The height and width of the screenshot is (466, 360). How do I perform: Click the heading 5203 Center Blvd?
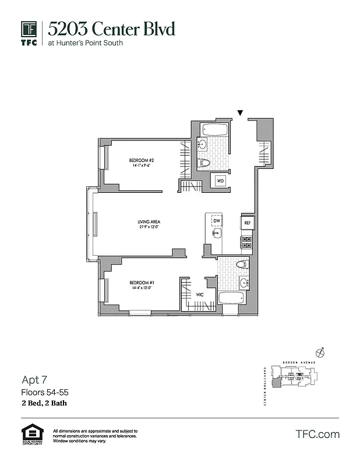point(111,29)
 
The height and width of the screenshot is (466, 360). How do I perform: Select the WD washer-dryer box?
point(221,181)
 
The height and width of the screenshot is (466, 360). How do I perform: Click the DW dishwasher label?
point(216,221)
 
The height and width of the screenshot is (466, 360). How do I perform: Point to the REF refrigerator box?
point(247,223)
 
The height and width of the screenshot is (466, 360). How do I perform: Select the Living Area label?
point(149,222)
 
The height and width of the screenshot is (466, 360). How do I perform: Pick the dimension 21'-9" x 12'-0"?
point(149,228)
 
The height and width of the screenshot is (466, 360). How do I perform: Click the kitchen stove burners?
point(246,242)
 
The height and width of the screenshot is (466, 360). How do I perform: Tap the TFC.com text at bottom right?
point(317,434)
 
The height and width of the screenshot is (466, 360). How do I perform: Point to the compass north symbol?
point(319,352)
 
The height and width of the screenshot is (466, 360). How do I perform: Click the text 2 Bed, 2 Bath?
point(43,402)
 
